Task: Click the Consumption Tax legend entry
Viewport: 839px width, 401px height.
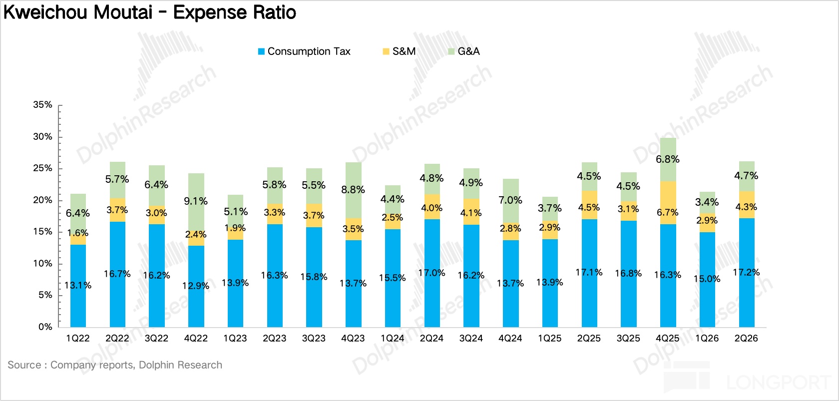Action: tap(304, 51)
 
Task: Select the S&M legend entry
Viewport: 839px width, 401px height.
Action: tap(400, 51)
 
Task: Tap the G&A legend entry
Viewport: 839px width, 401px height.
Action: tap(463, 51)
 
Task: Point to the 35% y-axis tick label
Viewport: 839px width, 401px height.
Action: tap(43, 105)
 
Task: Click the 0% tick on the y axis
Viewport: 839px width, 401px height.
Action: tap(45, 327)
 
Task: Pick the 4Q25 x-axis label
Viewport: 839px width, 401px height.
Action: tap(667, 339)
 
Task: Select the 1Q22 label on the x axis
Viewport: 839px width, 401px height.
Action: tap(78, 339)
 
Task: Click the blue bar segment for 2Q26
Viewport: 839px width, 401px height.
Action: tap(747, 273)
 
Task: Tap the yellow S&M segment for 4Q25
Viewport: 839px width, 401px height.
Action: tap(668, 203)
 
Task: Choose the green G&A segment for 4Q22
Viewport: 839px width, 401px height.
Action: tap(196, 202)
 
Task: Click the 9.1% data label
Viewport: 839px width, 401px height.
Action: tap(196, 201)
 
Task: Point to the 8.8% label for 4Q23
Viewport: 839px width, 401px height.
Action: tap(353, 190)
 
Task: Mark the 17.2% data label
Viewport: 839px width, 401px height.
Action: tap(746, 272)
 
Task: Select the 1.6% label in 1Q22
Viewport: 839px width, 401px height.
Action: tap(78, 233)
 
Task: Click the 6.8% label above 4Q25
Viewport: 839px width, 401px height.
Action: tap(667, 159)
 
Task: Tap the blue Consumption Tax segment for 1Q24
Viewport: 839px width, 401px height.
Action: tap(393, 278)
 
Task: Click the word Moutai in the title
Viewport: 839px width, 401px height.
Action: tap(123, 12)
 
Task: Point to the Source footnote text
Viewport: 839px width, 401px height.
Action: tap(115, 365)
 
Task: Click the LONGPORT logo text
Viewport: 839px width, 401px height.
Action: tap(778, 383)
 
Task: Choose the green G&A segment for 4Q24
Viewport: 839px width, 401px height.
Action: tap(510, 201)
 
